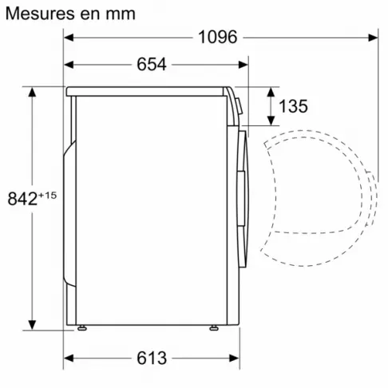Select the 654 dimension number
[151, 65]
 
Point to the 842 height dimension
[22, 199]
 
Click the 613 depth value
[151, 358]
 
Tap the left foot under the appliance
[81, 327]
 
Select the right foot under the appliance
[214, 327]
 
